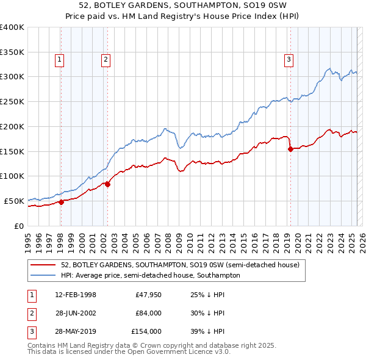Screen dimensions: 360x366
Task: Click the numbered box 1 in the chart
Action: pos(60,59)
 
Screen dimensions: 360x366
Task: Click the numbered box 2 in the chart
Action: pos(106,59)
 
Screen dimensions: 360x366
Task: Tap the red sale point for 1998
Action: pos(61,202)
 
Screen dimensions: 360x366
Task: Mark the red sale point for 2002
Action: pos(107,184)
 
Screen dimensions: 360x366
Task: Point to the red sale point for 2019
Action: pos(290,149)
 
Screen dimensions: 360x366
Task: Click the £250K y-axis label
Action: pos(12,101)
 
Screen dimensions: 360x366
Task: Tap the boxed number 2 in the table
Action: pos(31,314)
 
